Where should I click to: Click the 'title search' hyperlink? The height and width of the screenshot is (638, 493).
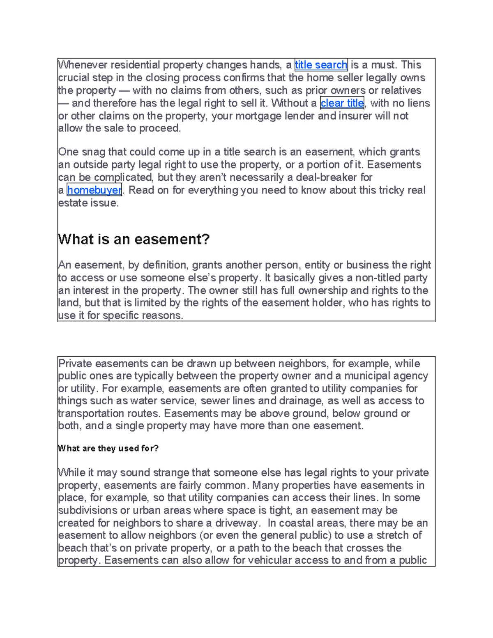click(x=321, y=65)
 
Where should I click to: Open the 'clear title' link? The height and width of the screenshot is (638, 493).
click(x=342, y=103)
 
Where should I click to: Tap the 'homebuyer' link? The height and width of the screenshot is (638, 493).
click(x=94, y=190)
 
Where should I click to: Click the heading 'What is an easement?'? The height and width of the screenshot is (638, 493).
click(x=134, y=239)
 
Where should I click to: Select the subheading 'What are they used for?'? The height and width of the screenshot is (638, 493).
click(x=108, y=448)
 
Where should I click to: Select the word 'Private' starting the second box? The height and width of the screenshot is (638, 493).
click(x=75, y=364)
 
